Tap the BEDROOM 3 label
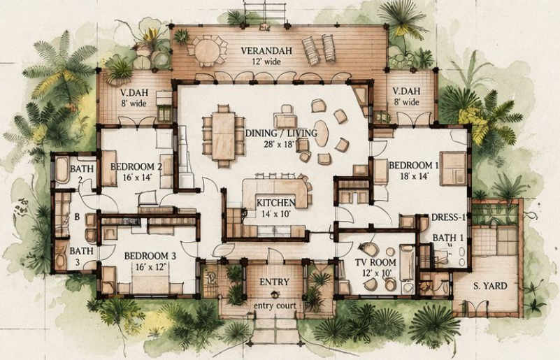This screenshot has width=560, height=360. point(150,256)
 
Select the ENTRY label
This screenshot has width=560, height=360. point(274,282)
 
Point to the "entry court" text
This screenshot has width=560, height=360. point(274,305)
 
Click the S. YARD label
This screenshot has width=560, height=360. point(489,286)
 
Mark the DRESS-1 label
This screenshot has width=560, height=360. point(448,217)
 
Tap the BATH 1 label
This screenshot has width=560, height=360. point(447,238)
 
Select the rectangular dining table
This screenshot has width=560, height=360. point(224,136)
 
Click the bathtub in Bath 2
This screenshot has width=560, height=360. point(62,170)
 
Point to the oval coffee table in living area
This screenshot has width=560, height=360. point(321,134)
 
